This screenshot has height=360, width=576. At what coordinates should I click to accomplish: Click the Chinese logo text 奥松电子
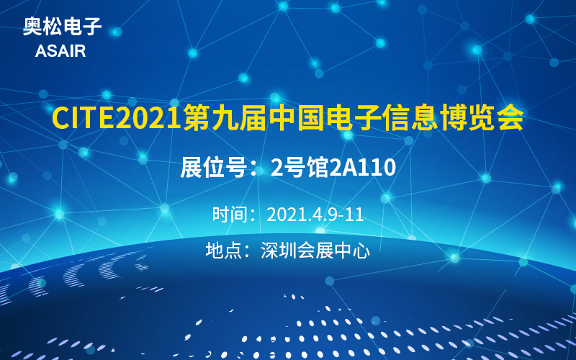(x=63, y=27)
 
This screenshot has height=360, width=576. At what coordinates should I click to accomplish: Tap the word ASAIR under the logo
(x=60, y=51)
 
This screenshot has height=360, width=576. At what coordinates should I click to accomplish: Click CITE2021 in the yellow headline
(x=117, y=117)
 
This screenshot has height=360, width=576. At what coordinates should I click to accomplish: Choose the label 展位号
(x=213, y=168)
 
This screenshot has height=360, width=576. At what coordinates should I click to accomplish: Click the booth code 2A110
(x=363, y=168)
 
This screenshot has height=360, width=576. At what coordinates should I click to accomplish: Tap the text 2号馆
(x=299, y=168)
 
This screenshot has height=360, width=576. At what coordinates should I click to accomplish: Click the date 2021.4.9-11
(x=315, y=215)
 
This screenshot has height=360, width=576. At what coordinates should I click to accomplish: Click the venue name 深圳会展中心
(x=315, y=251)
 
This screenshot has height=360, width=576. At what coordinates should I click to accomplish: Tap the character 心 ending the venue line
(x=361, y=251)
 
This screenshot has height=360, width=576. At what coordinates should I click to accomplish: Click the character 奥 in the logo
(x=32, y=27)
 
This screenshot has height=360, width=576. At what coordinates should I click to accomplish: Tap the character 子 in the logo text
(x=93, y=27)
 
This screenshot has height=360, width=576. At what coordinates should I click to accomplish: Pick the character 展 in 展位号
(x=191, y=168)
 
